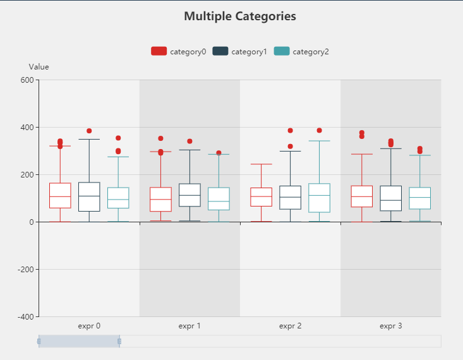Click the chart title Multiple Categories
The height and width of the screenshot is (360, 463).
pos(240,16)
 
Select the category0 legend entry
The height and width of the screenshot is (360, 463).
pos(179,52)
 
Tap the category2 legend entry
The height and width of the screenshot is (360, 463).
pos(301,52)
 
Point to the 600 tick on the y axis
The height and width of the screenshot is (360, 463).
pos(26,80)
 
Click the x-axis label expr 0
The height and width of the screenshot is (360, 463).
pos(89,327)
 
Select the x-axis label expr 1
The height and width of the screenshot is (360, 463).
pos(189,327)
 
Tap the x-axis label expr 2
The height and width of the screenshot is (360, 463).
pos(290,327)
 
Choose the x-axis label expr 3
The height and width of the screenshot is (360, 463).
pos(390,327)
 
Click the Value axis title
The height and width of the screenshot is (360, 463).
pos(39,67)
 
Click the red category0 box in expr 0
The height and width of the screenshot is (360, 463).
pos(60,195)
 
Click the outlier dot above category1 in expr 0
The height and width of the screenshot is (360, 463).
pos(89,131)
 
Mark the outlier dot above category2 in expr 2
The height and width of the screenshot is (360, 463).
pos(319,131)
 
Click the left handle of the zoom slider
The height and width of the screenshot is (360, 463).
pos(39,341)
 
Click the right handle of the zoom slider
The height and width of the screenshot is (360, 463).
pos(119,341)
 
